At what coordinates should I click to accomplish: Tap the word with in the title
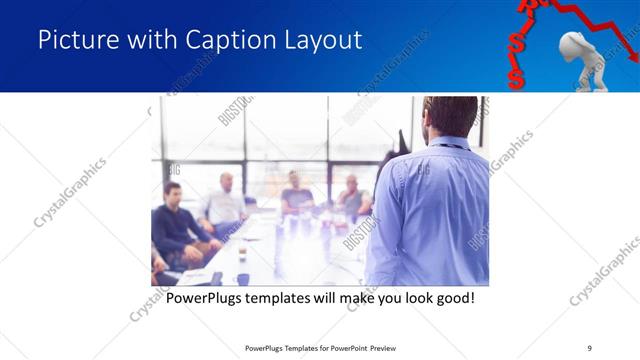coord(150,40)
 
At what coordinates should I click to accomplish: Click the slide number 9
coord(589,347)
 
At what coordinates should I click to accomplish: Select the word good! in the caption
coord(451,298)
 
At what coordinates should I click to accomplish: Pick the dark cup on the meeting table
coord(242,278)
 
